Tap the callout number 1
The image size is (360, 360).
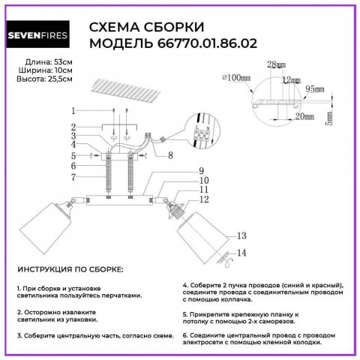click(x=73, y=109)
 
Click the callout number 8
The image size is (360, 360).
click(x=171, y=156)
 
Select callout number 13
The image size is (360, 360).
click(x=241, y=236)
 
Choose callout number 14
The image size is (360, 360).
click(x=241, y=253)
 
